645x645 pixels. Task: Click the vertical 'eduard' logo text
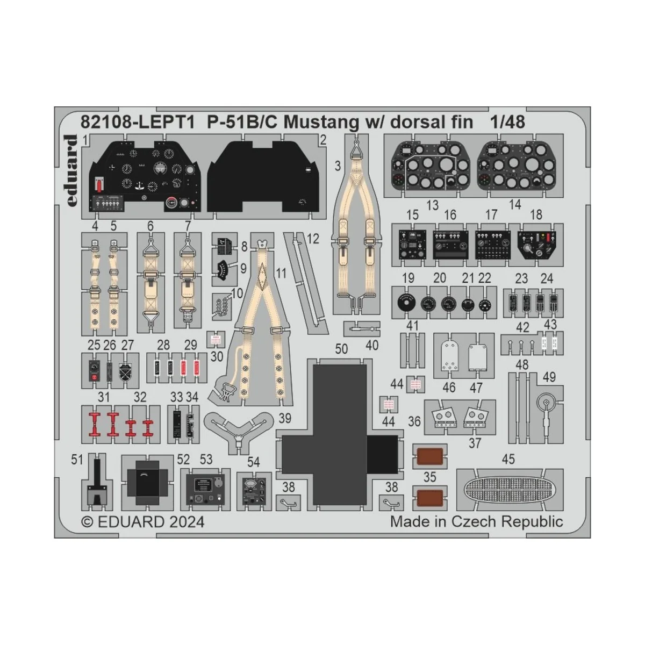[70, 170]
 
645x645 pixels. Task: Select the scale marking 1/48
[507, 123]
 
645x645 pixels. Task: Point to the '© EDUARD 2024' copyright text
[142, 521]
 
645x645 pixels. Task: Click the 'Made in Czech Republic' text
[476, 521]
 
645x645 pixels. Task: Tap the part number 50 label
[341, 349]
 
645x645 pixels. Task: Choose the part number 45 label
[508, 459]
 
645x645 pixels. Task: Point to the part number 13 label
[432, 205]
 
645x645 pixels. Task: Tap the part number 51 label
[77, 459]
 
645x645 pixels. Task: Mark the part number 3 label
[337, 166]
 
